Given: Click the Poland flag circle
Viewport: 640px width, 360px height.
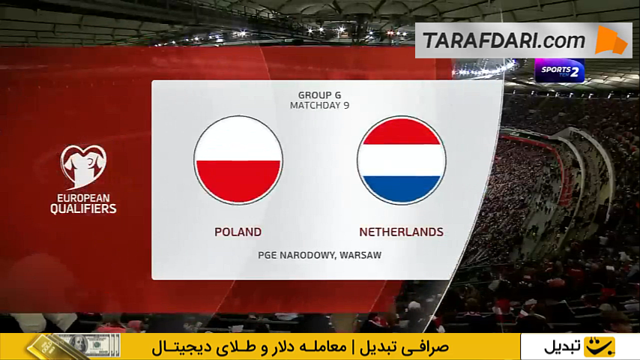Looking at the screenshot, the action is (238, 160).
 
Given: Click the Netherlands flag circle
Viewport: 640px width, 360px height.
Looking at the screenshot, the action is (401, 160).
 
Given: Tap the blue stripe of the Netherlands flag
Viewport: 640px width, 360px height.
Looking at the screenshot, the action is (401, 190).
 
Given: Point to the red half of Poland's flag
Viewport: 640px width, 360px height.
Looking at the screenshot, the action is (238, 181).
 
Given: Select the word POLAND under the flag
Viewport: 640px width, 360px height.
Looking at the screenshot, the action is (238, 232).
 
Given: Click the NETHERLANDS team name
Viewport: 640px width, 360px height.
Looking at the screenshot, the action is (401, 232).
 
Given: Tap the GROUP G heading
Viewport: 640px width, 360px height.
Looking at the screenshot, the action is (319, 95).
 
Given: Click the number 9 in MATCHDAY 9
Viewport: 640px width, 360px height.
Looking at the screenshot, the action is (346, 106).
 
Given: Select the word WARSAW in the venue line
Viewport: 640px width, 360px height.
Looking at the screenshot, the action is (360, 256).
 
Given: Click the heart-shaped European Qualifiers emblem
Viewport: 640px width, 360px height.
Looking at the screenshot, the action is (83, 166).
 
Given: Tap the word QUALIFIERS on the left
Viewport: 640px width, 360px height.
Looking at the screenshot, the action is (83, 208).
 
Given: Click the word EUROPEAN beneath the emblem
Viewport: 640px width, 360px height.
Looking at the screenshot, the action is (83, 198).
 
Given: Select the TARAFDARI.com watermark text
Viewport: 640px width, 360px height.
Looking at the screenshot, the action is (504, 40).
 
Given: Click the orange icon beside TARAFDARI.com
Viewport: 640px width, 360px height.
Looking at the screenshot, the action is (611, 40).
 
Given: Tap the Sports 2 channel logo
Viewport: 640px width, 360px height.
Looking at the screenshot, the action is (560, 71).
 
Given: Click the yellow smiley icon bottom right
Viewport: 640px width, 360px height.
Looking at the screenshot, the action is (599, 347).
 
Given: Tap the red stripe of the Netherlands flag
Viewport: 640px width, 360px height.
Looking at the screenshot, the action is (401, 131).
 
